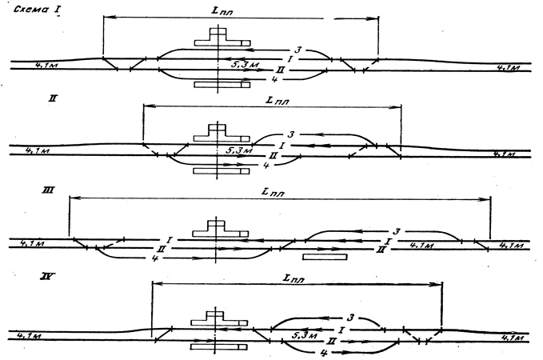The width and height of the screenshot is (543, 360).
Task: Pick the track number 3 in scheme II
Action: pos(293,134)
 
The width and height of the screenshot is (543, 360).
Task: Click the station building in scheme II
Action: pos(216,134)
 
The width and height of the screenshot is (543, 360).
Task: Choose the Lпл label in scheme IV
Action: pos(297,278)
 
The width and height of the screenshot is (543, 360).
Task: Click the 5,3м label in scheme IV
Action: pos(303,332)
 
